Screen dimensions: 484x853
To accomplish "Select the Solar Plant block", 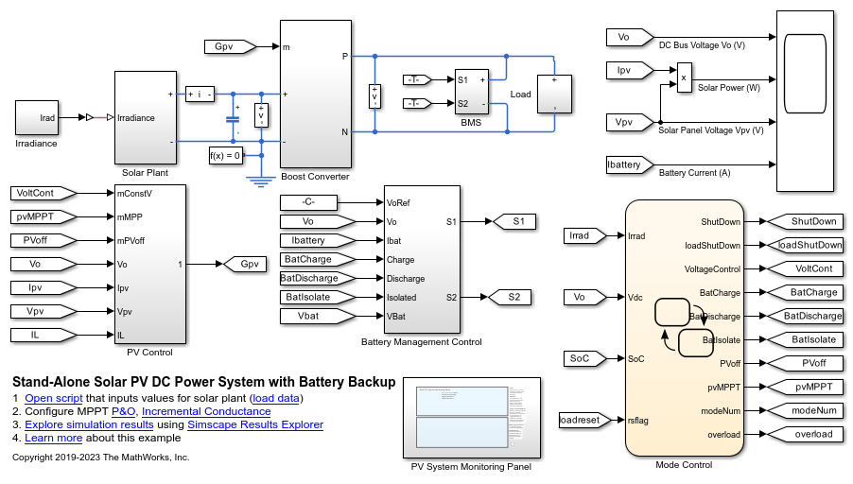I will click(x=142, y=118).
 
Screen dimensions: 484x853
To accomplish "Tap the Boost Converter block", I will click(x=315, y=94).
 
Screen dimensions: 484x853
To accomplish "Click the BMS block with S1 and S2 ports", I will click(x=471, y=92).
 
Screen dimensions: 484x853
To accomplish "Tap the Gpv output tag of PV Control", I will click(x=249, y=264).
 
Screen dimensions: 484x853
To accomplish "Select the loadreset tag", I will click(x=580, y=419).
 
